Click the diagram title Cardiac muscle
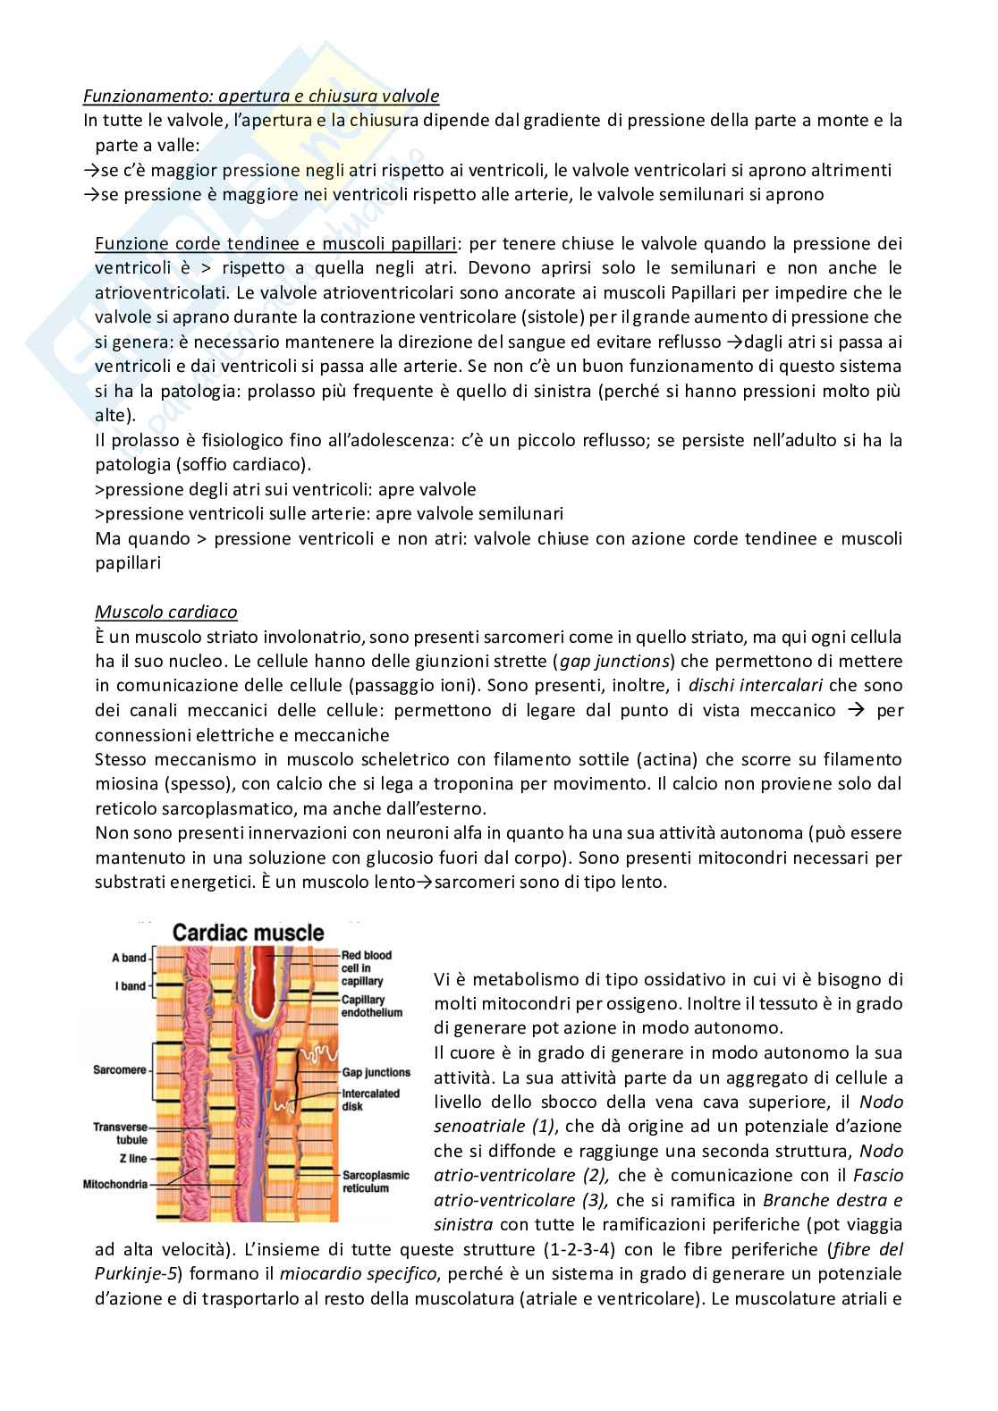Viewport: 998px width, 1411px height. click(248, 934)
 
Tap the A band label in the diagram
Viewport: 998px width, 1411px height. click(129, 958)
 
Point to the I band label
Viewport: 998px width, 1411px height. click(131, 986)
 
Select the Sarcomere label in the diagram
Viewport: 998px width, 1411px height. click(120, 1069)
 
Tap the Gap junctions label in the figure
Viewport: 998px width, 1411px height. click(376, 1072)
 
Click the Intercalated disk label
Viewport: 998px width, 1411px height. click(370, 1100)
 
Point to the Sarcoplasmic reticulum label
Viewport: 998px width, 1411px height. click(376, 1181)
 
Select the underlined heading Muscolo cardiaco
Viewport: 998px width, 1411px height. click(166, 613)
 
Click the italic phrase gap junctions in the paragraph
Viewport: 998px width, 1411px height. click(616, 662)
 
